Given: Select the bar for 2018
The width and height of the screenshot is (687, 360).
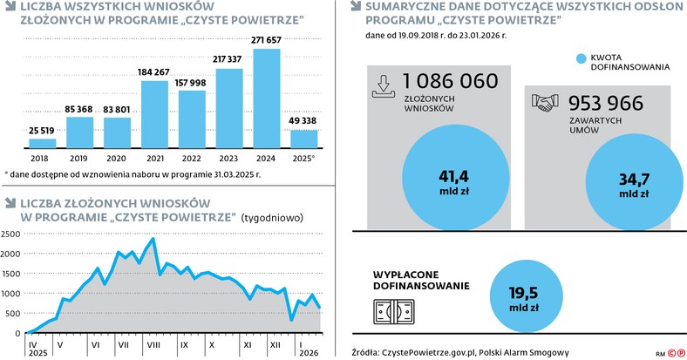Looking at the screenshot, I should (42, 143).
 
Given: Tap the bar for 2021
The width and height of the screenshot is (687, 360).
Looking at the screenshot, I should (154, 112).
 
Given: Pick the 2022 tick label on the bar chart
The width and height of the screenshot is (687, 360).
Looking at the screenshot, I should (192, 158).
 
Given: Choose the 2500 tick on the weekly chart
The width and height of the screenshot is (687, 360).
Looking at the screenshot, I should (11, 234).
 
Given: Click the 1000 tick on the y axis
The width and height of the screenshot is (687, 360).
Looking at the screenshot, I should (11, 294).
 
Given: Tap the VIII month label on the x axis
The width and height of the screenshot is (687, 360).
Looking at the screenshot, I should (152, 345).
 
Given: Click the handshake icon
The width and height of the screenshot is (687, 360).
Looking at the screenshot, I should (545, 103).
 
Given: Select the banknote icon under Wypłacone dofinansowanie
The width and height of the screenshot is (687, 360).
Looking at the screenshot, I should (394, 311).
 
